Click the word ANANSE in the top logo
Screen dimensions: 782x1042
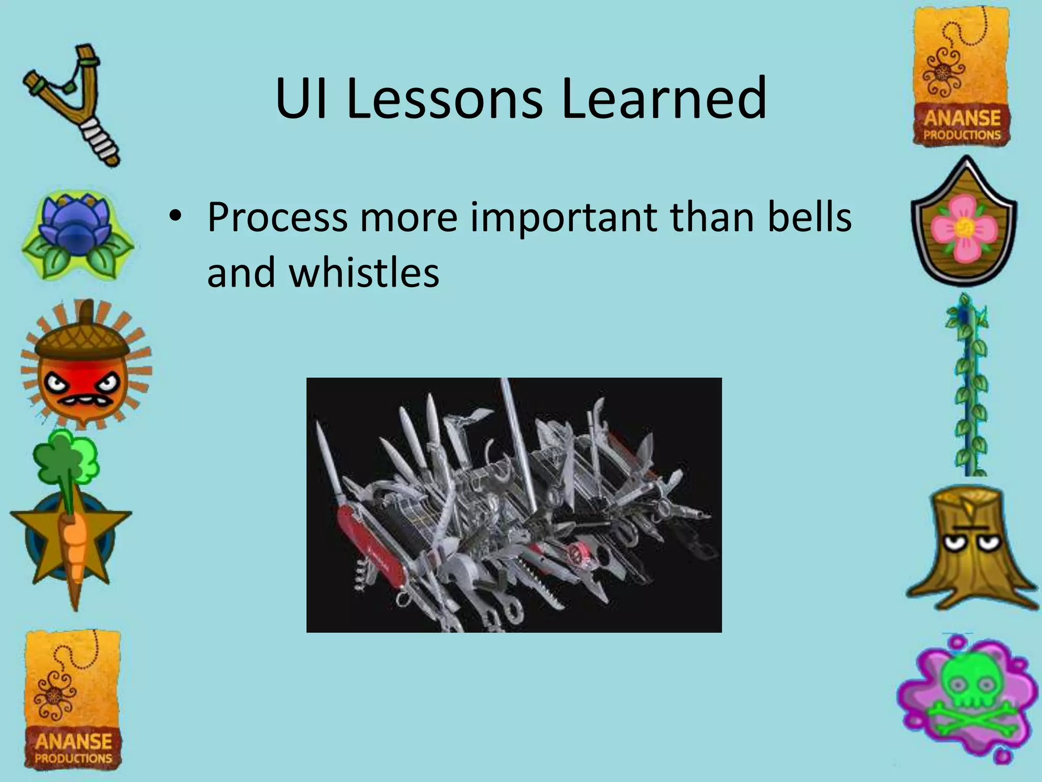(x=962, y=118)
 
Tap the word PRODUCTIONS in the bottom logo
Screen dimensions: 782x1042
(x=73, y=758)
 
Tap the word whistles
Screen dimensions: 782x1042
(x=364, y=272)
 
